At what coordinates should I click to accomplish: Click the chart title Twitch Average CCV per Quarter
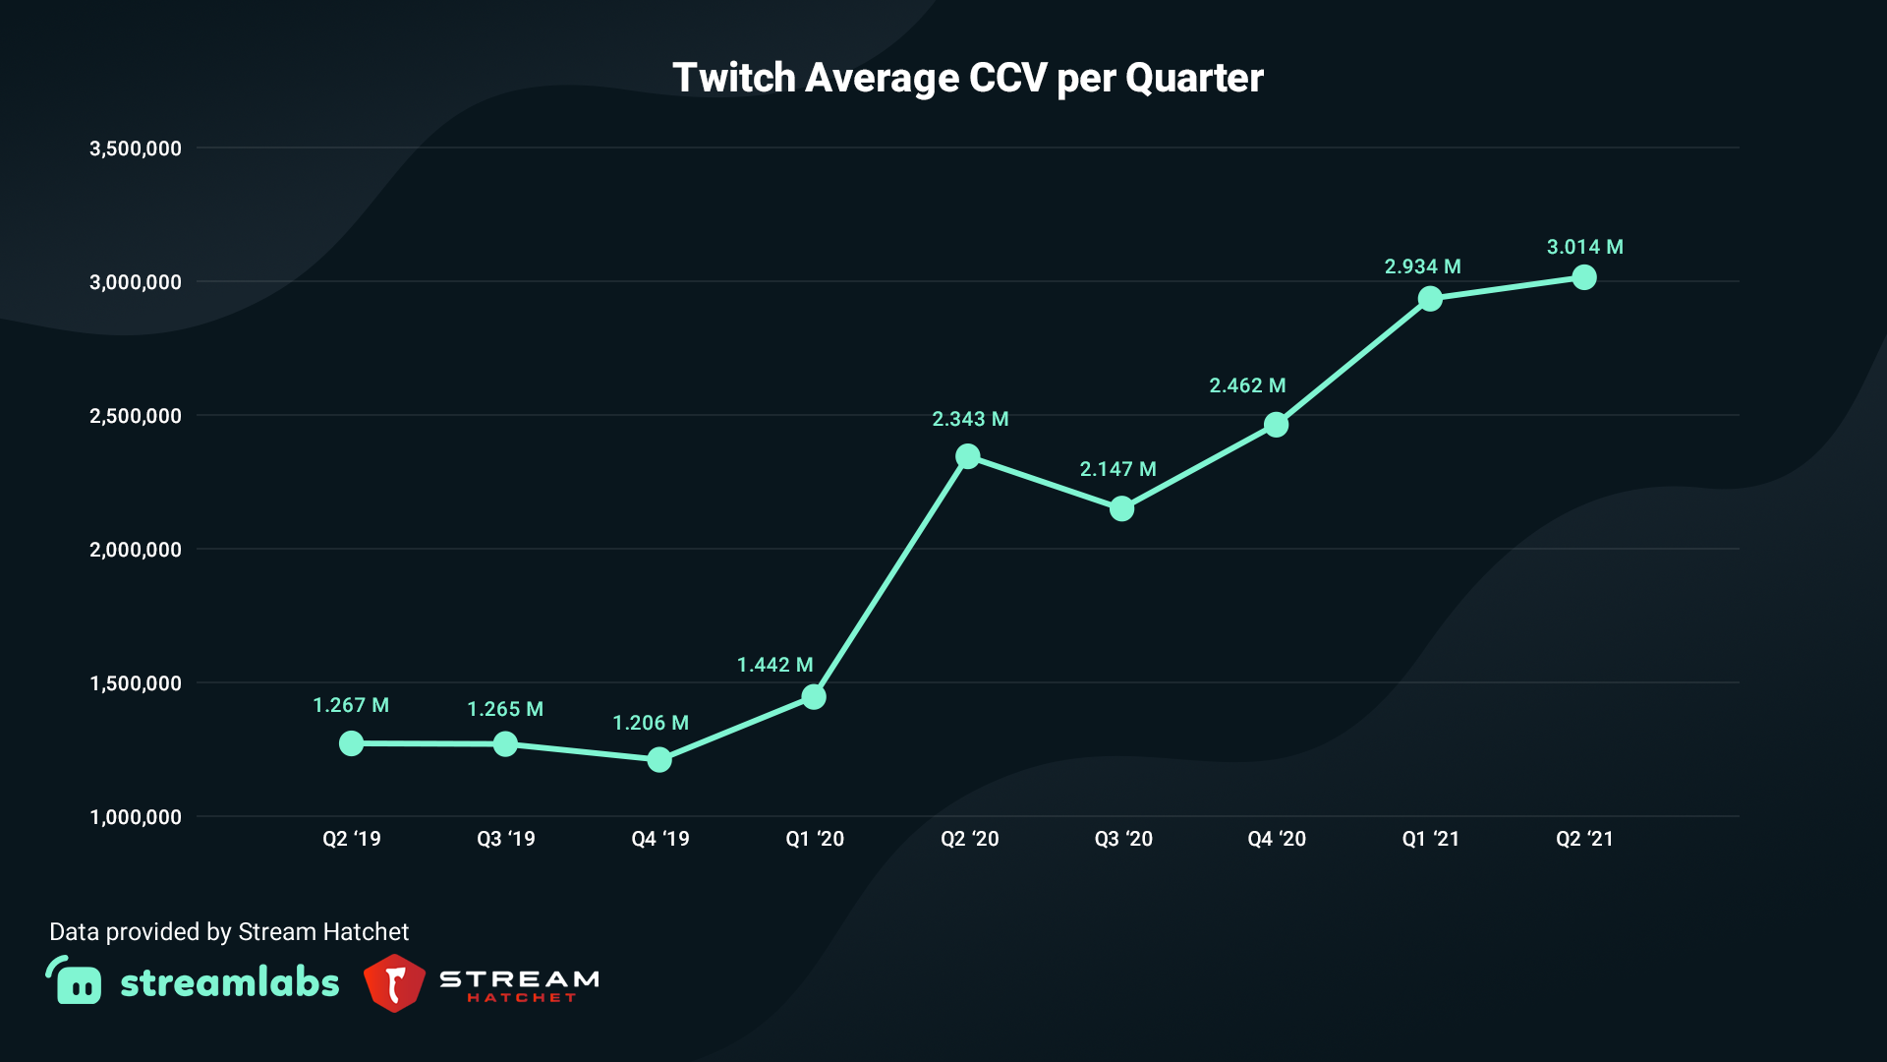click(x=967, y=78)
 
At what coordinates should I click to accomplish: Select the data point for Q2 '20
click(x=967, y=456)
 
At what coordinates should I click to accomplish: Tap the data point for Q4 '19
click(x=659, y=759)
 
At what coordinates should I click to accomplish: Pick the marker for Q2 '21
click(x=1584, y=277)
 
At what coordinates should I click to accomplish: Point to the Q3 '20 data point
click(x=1121, y=508)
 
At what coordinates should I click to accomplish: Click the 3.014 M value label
click(x=1584, y=247)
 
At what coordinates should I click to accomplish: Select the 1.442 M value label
click(x=774, y=665)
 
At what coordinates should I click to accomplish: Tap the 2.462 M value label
click(x=1247, y=385)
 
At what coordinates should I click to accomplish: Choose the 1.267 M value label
click(x=351, y=705)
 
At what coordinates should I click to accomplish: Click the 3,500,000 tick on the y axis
click(x=136, y=148)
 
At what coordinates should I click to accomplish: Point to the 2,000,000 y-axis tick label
click(x=136, y=550)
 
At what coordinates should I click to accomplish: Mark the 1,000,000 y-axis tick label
click(x=136, y=817)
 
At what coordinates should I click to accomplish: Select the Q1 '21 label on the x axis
click(x=1430, y=839)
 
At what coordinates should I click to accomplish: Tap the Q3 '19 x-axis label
click(x=505, y=839)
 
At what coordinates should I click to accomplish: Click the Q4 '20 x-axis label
click(x=1276, y=839)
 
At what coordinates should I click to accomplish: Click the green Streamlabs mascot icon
click(x=75, y=980)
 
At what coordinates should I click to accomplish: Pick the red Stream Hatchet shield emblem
click(x=394, y=982)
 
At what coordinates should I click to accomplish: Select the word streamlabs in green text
click(x=229, y=982)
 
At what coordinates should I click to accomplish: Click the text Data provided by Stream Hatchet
click(x=229, y=931)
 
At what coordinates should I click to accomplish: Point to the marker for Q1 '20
click(x=814, y=697)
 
